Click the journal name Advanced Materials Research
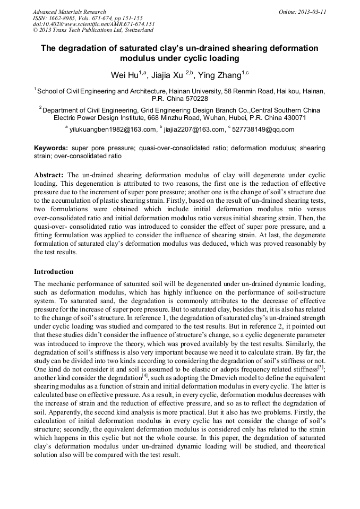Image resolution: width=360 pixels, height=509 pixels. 69,12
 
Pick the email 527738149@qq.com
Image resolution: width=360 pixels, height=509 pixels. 263,129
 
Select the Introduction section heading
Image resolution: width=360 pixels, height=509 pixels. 54,271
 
